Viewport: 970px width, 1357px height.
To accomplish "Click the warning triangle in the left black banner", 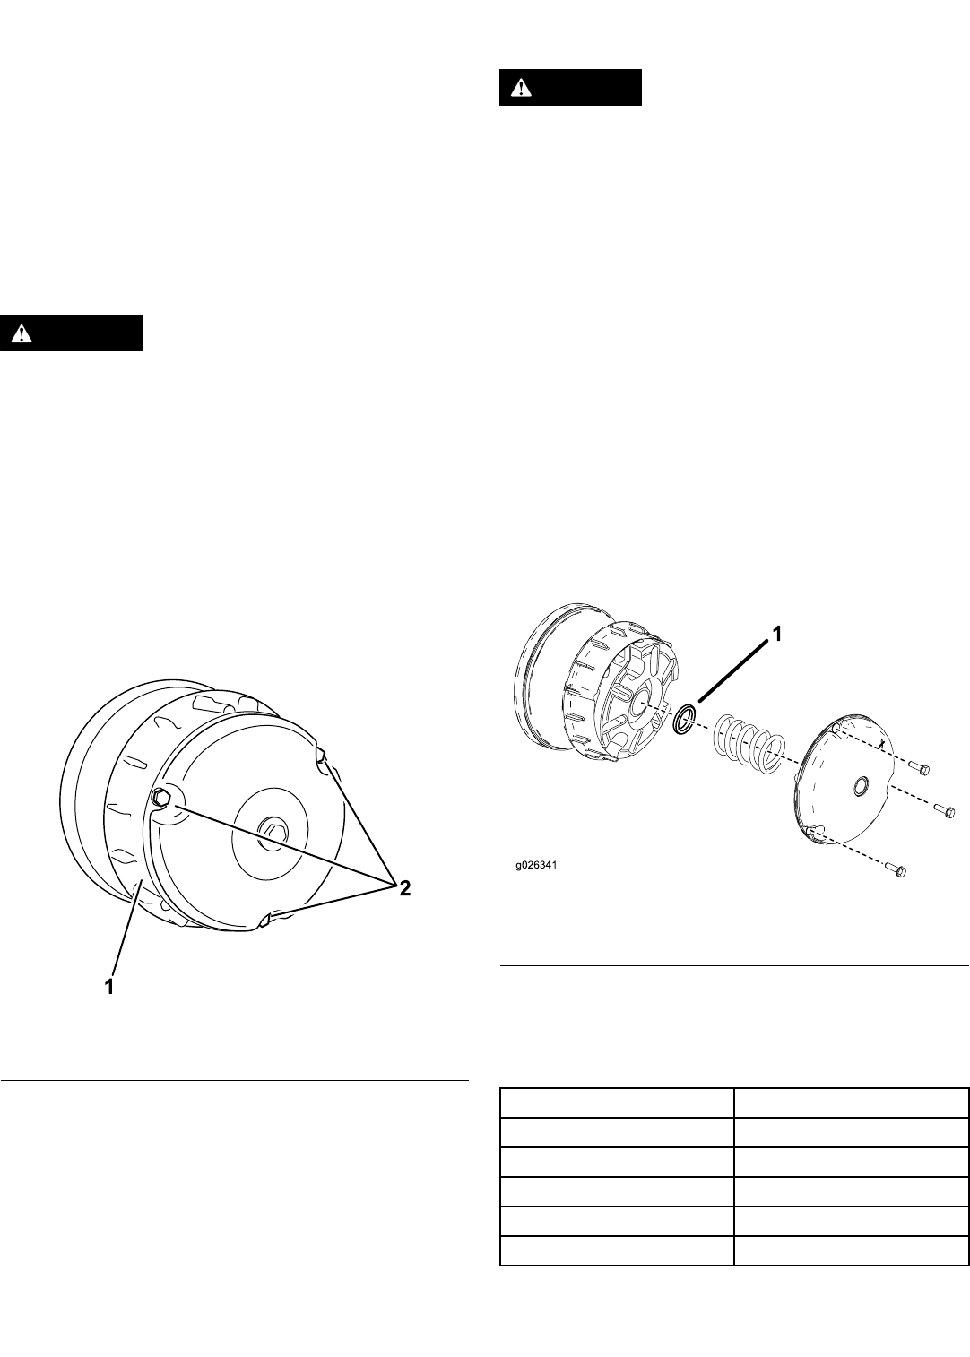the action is tap(21, 333).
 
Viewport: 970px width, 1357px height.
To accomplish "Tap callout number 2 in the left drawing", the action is tap(404, 888).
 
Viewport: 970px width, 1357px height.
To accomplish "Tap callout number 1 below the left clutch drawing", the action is tap(109, 987).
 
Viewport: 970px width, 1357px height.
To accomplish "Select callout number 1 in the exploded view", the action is tap(775, 634).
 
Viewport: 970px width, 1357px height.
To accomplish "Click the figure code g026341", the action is tap(536, 865).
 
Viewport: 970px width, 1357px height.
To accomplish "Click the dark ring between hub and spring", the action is tap(685, 719).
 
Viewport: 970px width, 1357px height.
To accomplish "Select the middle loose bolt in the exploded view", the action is tap(945, 810).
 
